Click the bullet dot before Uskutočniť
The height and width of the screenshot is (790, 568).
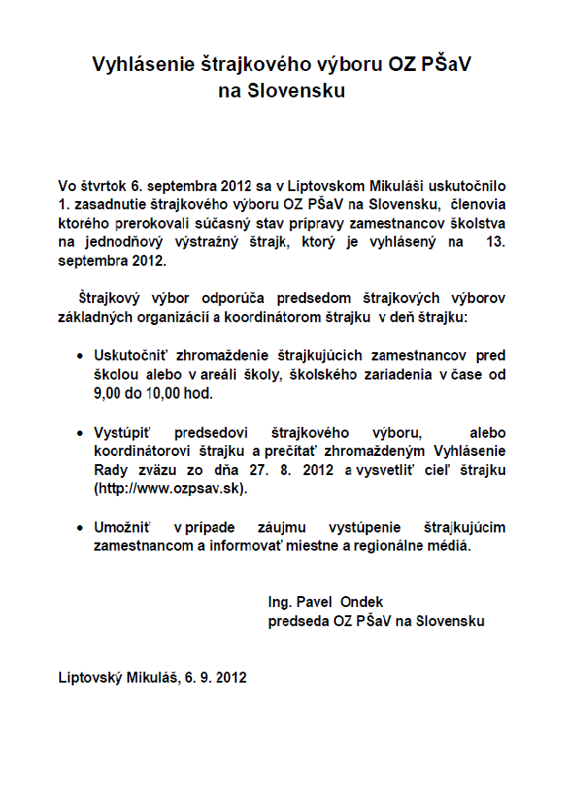click(x=83, y=356)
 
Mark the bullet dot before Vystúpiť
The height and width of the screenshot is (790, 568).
click(x=83, y=434)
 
